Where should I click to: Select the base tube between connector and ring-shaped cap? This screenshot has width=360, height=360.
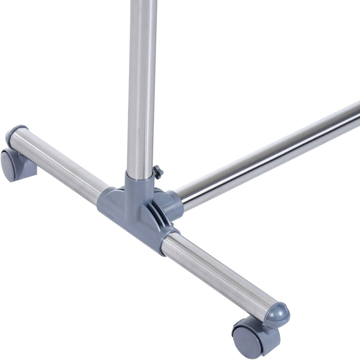pos(58,166)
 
